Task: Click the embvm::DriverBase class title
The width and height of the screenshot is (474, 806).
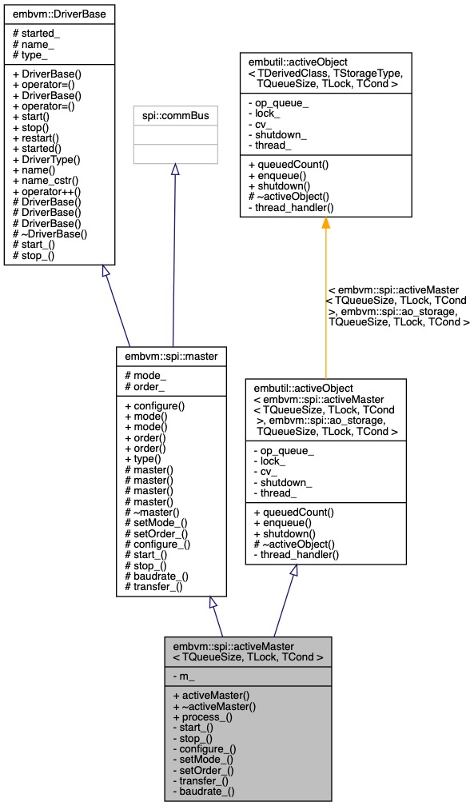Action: click(x=60, y=14)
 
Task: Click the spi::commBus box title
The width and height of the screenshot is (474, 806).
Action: click(x=175, y=115)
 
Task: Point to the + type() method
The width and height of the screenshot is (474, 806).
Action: click(x=145, y=458)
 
